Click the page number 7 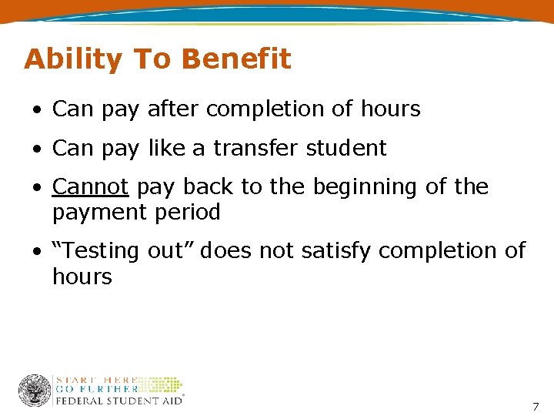(x=536, y=406)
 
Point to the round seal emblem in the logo (x=35, y=391)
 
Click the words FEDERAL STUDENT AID (x=118, y=399)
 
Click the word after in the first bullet (x=173, y=109)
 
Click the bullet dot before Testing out (x=37, y=252)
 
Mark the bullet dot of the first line (x=37, y=110)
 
